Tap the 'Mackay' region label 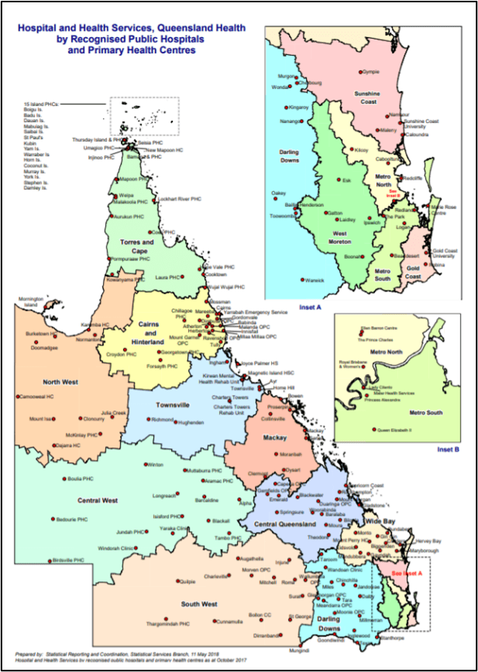click(x=274, y=438)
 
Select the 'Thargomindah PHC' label click(x=169, y=623)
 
